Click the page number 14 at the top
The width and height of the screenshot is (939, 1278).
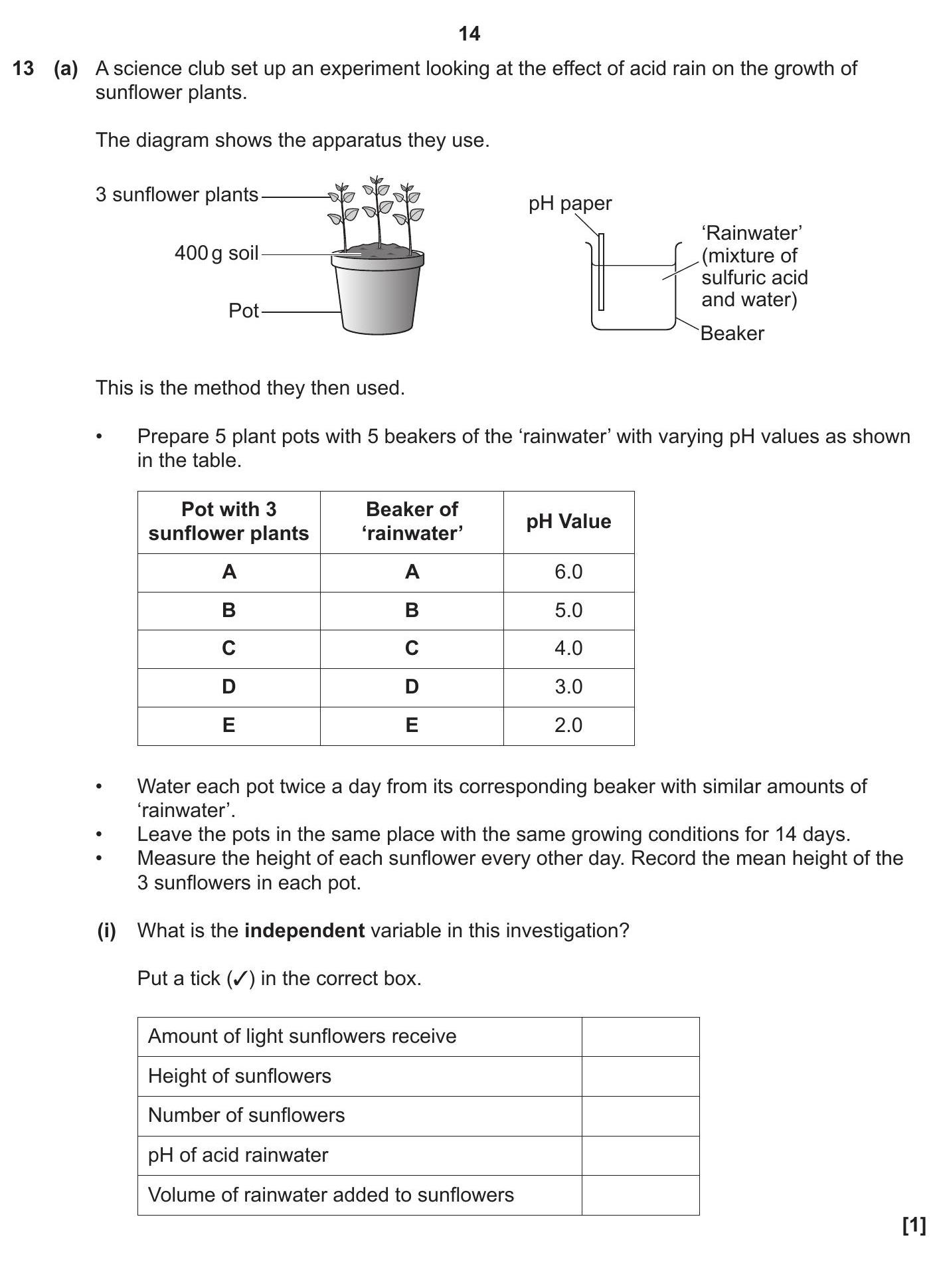(x=469, y=34)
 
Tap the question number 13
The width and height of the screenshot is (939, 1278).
(x=23, y=68)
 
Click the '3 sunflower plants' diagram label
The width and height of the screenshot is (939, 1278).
(x=177, y=195)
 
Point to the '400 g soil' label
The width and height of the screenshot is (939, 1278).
(x=216, y=253)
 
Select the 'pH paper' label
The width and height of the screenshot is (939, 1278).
(x=570, y=203)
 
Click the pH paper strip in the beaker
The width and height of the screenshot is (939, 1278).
(x=601, y=272)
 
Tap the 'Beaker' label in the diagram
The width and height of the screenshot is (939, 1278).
(x=732, y=333)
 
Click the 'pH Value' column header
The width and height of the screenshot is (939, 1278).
(x=568, y=521)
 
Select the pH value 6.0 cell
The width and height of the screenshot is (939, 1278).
(x=568, y=572)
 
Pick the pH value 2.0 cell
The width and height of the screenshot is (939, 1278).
(x=568, y=725)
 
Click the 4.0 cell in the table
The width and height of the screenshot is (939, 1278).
(x=568, y=648)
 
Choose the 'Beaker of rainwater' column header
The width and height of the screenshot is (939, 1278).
(x=412, y=521)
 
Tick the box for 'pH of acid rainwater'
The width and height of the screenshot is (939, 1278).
(x=640, y=1155)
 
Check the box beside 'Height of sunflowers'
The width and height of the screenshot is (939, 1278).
(x=640, y=1076)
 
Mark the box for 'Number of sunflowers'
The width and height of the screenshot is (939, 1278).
(x=640, y=1115)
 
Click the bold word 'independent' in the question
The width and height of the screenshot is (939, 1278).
(x=304, y=931)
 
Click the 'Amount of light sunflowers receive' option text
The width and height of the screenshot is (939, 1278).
(x=302, y=1036)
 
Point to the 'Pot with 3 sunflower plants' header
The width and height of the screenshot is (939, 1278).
(x=228, y=521)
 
